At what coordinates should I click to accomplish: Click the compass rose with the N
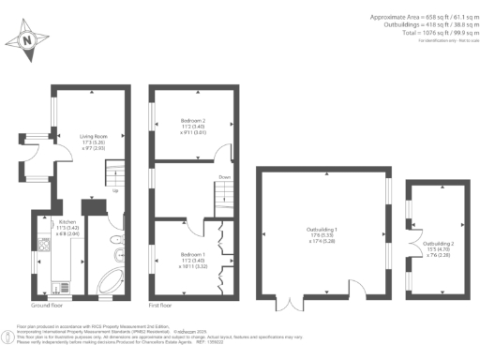[x=26, y=41]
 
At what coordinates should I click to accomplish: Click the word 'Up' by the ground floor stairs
[x=114, y=190]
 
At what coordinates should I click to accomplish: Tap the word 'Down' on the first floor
[x=224, y=176]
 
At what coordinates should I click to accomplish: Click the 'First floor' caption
[x=162, y=306]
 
